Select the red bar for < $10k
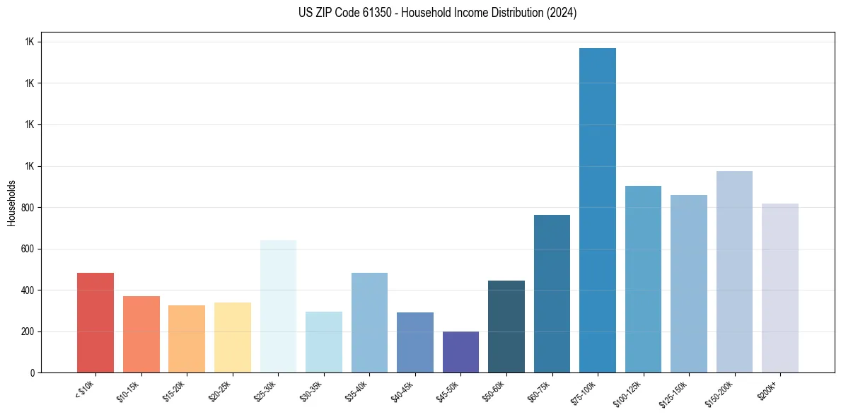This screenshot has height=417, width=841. click(95, 323)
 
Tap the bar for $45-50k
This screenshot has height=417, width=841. click(460, 352)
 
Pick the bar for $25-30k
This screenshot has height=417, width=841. click(278, 307)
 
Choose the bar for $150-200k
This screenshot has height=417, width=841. click(734, 272)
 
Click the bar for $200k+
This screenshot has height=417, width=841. click(780, 288)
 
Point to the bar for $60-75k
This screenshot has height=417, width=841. click(552, 294)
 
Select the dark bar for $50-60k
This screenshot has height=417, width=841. click(506, 327)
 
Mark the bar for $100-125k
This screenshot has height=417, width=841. click(643, 279)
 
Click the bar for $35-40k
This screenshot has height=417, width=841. click(369, 323)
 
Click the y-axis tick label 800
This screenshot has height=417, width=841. click(27, 208)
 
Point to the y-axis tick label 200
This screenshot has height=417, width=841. click(27, 331)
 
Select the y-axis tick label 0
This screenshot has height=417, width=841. click(32, 373)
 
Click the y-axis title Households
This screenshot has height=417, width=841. click(12, 203)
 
